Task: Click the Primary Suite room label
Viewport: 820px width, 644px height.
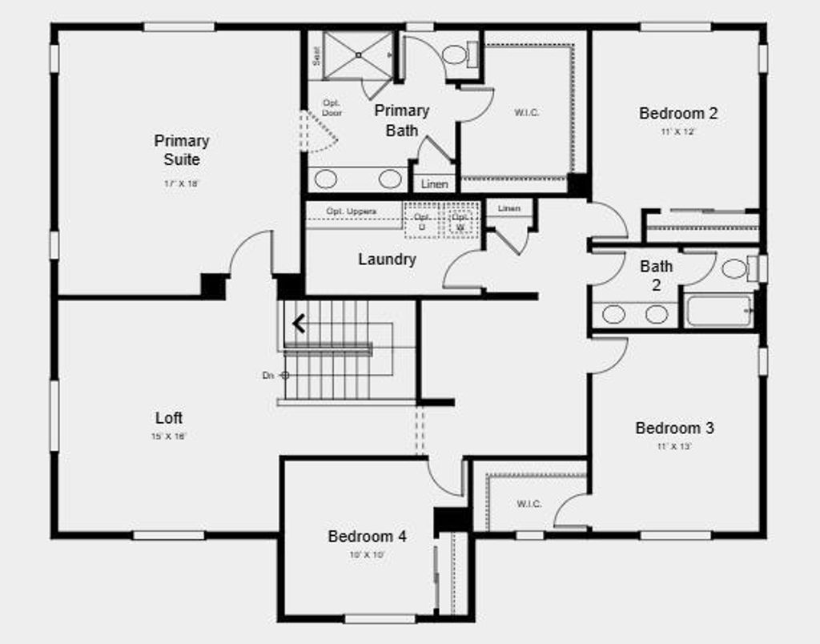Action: pyautogui.click(x=182, y=150)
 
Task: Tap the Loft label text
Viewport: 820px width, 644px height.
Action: pyautogui.click(x=169, y=418)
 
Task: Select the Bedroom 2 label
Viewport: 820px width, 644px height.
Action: pyautogui.click(x=678, y=113)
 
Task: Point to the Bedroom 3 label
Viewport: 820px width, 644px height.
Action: pyautogui.click(x=674, y=428)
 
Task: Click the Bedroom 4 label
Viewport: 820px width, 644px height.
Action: pyautogui.click(x=367, y=537)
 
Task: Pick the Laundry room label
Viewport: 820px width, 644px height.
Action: pyautogui.click(x=387, y=260)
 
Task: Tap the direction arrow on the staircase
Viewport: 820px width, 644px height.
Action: pyautogui.click(x=299, y=324)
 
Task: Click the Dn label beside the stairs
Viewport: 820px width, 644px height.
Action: pyautogui.click(x=267, y=375)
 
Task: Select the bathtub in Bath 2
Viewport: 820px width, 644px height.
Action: pyautogui.click(x=718, y=311)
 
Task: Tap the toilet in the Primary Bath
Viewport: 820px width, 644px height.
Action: pyautogui.click(x=456, y=54)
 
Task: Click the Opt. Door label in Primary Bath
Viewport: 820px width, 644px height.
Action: pyautogui.click(x=332, y=108)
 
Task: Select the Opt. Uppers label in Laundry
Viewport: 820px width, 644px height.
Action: pyautogui.click(x=351, y=211)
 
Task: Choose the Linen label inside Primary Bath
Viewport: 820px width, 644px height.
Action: pyautogui.click(x=434, y=184)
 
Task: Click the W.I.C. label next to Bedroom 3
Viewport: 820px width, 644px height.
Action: pyautogui.click(x=529, y=504)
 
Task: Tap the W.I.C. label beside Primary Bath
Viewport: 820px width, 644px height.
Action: pyautogui.click(x=526, y=113)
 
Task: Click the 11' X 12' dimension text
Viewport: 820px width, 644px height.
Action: pyautogui.click(x=677, y=131)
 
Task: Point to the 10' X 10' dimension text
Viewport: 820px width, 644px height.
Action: pyautogui.click(x=367, y=554)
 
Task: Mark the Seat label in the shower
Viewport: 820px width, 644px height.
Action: pyautogui.click(x=316, y=55)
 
